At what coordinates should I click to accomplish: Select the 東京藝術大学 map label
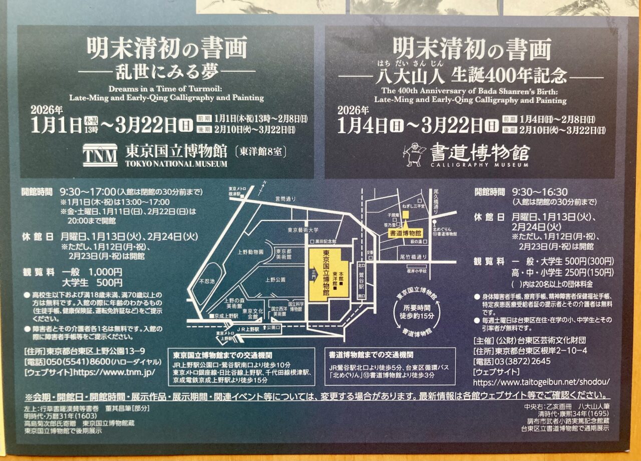pyautogui.click(x=302, y=230)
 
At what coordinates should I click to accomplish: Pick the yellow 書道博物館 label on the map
pyautogui.click(x=406, y=233)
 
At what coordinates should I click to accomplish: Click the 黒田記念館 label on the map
pyautogui.click(x=328, y=241)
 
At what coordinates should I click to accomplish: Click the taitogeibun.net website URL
pyautogui.click(x=541, y=382)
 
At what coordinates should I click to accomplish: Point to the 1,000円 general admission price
pyautogui.click(x=105, y=272)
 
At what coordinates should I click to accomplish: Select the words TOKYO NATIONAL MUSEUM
pyautogui.click(x=176, y=163)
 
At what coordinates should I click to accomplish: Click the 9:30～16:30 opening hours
pyautogui.click(x=539, y=192)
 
